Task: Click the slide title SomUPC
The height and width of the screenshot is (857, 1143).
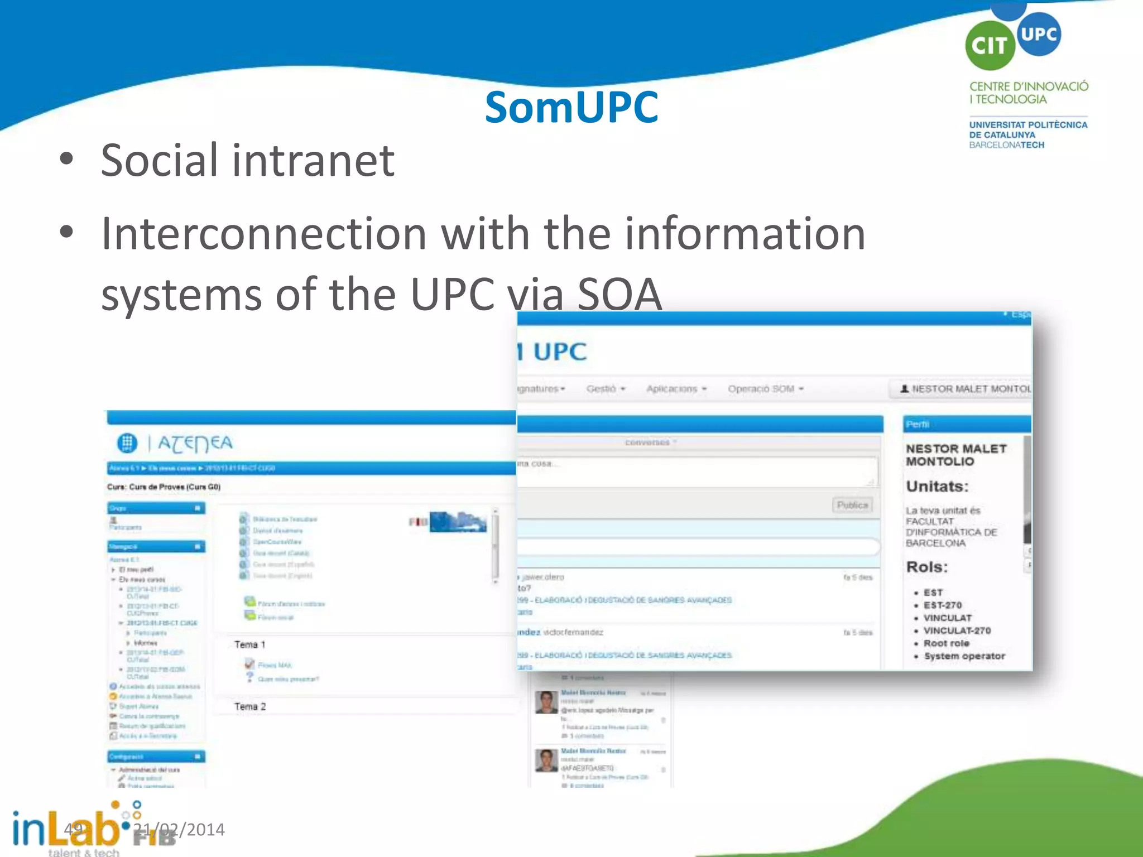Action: [x=571, y=107]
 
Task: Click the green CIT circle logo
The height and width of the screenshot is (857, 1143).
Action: [x=990, y=46]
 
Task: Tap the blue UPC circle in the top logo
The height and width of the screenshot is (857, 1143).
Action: [x=1039, y=34]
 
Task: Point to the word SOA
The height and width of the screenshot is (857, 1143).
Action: [x=619, y=294]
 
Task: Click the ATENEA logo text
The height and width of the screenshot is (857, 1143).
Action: [x=195, y=443]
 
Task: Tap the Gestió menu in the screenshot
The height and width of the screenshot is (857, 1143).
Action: [x=605, y=389]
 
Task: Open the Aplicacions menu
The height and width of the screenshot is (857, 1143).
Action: [x=676, y=389]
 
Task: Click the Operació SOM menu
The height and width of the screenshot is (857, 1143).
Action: [x=765, y=389]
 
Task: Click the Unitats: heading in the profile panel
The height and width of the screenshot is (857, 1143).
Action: [x=937, y=487]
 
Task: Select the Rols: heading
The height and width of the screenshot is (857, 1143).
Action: [x=926, y=567]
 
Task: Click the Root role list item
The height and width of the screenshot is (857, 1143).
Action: [x=946, y=643]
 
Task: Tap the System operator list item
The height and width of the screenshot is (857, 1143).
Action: [x=964, y=656]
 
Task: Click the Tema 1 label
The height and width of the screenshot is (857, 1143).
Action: [x=249, y=645]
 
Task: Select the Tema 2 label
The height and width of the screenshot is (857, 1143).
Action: [x=249, y=707]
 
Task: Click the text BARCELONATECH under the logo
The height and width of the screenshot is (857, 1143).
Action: [x=1006, y=145]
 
